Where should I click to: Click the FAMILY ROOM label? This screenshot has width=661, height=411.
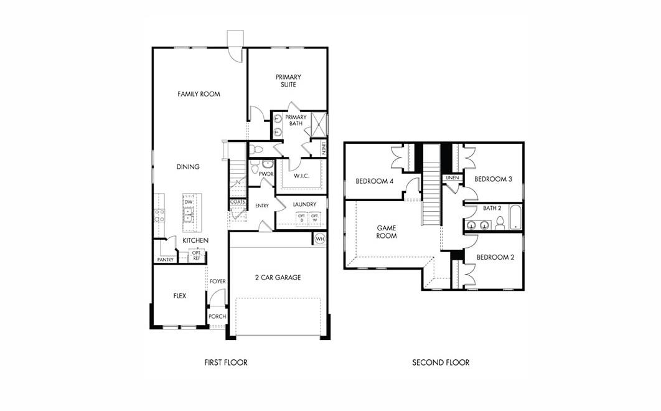[x=199, y=94]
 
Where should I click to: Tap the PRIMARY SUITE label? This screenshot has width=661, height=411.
[x=289, y=81]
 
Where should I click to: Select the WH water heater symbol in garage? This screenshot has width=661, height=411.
[x=320, y=239]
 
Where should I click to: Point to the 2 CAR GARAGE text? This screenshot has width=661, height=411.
[x=278, y=277]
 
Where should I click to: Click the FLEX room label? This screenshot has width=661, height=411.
[x=179, y=296]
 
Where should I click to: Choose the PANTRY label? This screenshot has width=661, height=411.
[x=164, y=260]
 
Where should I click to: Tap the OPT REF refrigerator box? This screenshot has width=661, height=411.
[x=196, y=255]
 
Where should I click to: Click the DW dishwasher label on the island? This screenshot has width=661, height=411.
[x=188, y=202]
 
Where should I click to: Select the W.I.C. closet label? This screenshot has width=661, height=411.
[x=302, y=176]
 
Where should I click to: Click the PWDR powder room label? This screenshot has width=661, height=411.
[x=266, y=174]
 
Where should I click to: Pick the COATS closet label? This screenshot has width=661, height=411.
[x=237, y=202]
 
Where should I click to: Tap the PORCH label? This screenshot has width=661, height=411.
[x=217, y=316]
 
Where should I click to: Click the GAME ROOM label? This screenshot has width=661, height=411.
[x=387, y=232]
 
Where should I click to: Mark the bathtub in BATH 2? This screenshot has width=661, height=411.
[x=516, y=217]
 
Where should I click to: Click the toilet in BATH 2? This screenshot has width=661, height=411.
[x=500, y=224]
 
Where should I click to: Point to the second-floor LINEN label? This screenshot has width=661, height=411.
[x=452, y=178]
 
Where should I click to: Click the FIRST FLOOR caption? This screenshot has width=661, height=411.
[x=226, y=362]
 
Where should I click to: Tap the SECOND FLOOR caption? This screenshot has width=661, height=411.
[x=441, y=362]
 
